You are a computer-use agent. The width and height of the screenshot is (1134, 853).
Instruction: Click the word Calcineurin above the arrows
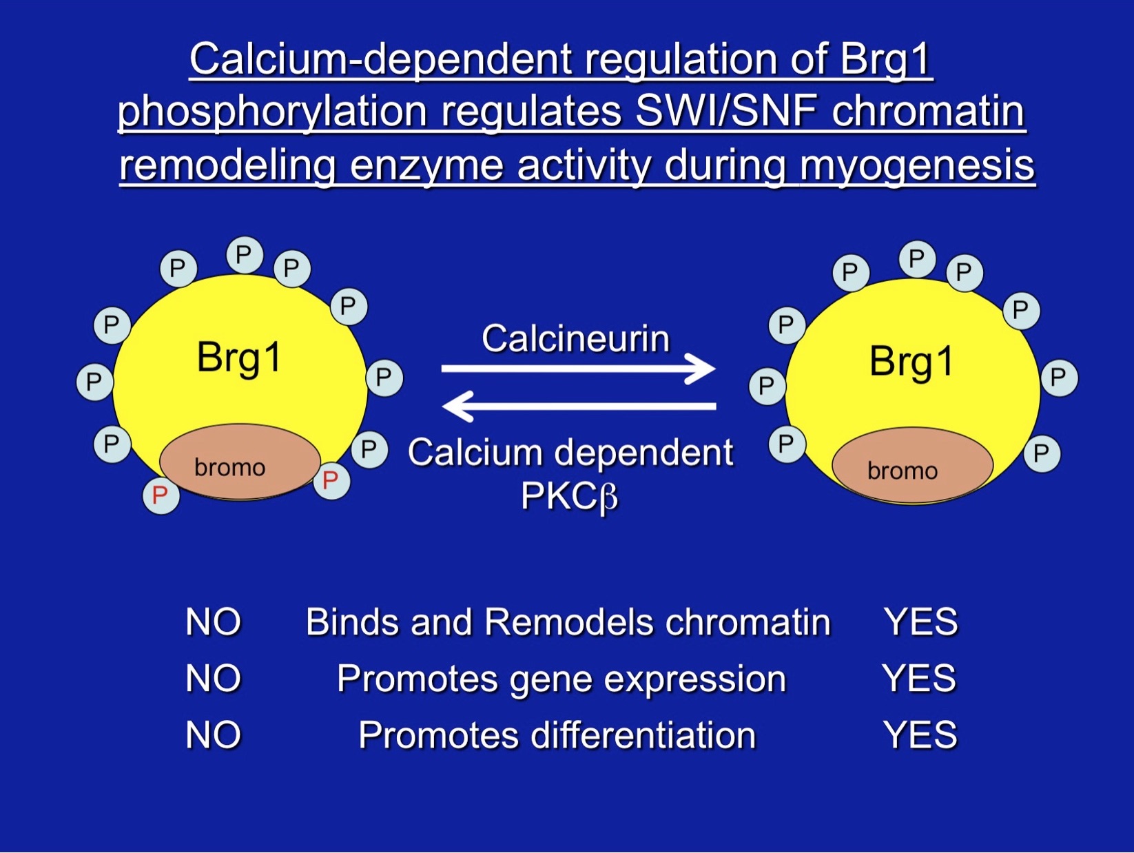tap(575, 338)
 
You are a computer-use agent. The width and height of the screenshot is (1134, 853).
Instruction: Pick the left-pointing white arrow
tap(579, 406)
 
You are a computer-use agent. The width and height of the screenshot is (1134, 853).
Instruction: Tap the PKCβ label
tap(569, 495)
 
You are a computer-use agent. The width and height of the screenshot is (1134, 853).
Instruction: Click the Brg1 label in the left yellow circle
tap(239, 358)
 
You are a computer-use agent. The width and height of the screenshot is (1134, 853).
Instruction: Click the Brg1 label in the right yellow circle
tap(911, 361)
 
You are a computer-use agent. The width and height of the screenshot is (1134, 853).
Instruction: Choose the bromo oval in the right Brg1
tap(912, 466)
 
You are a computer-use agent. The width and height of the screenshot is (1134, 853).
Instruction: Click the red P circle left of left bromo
tap(161, 495)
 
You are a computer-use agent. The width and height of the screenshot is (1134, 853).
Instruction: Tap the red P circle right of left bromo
tap(331, 480)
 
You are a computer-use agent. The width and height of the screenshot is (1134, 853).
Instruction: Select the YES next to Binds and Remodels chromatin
tap(920, 621)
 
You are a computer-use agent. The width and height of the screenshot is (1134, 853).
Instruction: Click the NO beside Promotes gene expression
tap(213, 678)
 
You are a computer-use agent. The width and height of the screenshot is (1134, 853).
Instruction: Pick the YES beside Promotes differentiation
tap(920, 734)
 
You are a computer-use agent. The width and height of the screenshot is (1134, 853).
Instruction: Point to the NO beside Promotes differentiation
tap(213, 734)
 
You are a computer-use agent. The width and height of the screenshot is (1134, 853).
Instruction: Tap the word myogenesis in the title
tap(917, 165)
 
